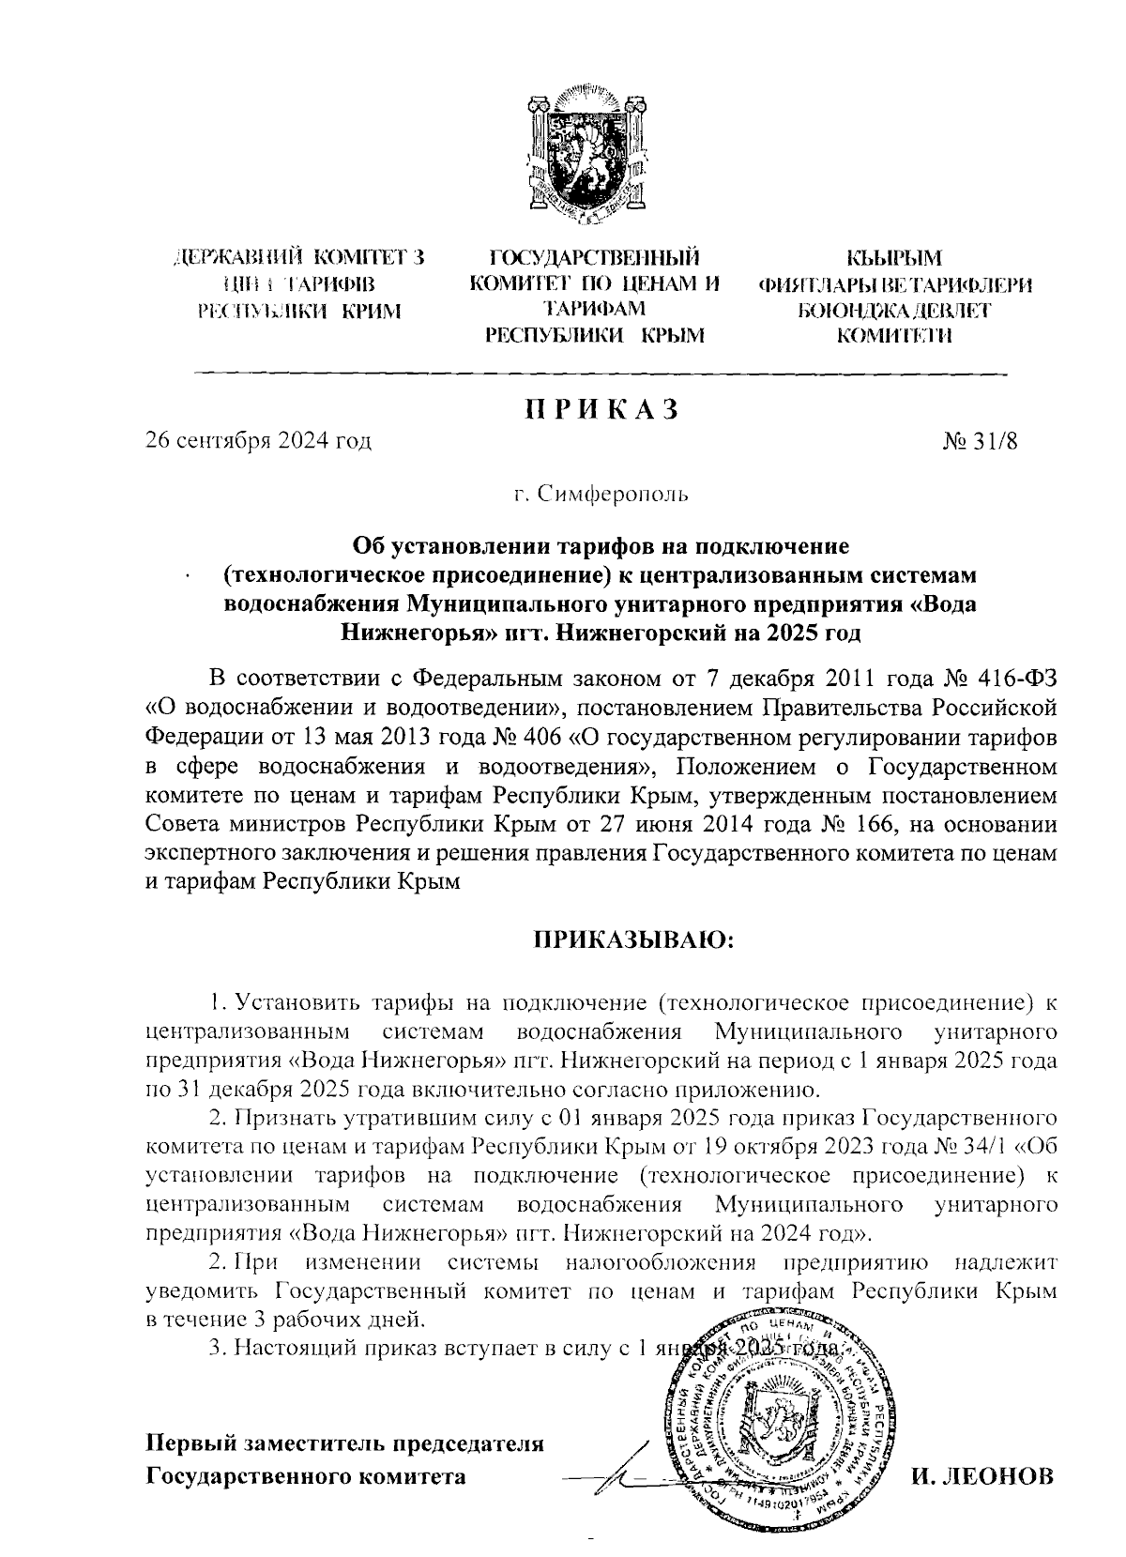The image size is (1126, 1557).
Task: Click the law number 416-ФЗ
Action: pyautogui.click(x=1022, y=678)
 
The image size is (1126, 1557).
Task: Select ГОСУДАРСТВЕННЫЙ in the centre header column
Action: pyautogui.click(x=597, y=257)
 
